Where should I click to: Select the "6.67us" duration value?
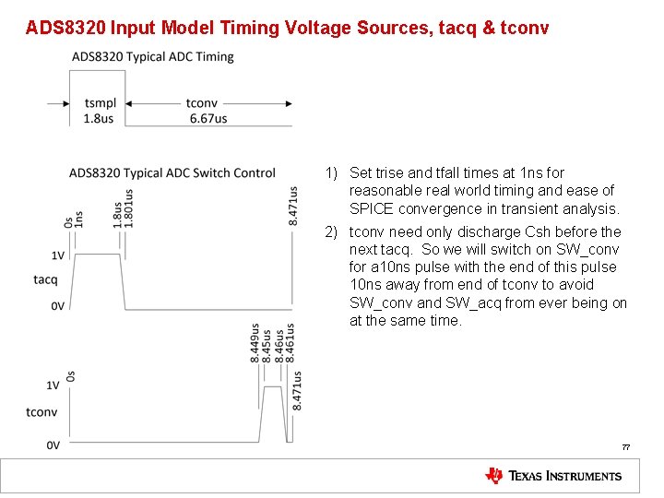coord(207,119)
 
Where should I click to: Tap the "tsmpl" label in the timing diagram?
coord(99,104)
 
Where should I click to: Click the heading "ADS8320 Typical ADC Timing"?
coord(153,57)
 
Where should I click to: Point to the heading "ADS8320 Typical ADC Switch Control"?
coord(172,172)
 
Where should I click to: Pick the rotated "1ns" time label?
coord(79,219)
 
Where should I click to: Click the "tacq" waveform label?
coord(45,279)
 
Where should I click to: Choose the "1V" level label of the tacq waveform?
coord(57,255)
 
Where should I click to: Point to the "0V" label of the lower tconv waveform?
coord(54,445)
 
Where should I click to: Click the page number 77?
coord(625,447)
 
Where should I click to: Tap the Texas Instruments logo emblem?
coord(494,476)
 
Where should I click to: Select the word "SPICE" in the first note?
coord(371,208)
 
